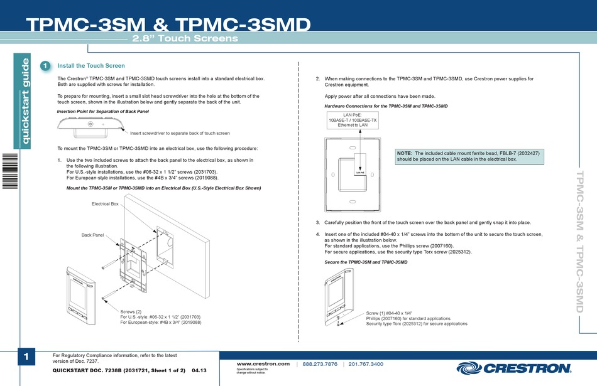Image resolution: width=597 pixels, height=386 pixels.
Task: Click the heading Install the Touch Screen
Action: click(x=91, y=66)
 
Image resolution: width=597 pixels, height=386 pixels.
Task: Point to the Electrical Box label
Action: click(x=105, y=204)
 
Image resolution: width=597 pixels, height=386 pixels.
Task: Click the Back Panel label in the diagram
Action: click(x=92, y=235)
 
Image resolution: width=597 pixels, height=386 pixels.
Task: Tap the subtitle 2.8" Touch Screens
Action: click(x=185, y=39)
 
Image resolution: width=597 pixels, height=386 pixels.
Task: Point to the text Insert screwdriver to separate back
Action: click(x=180, y=133)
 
